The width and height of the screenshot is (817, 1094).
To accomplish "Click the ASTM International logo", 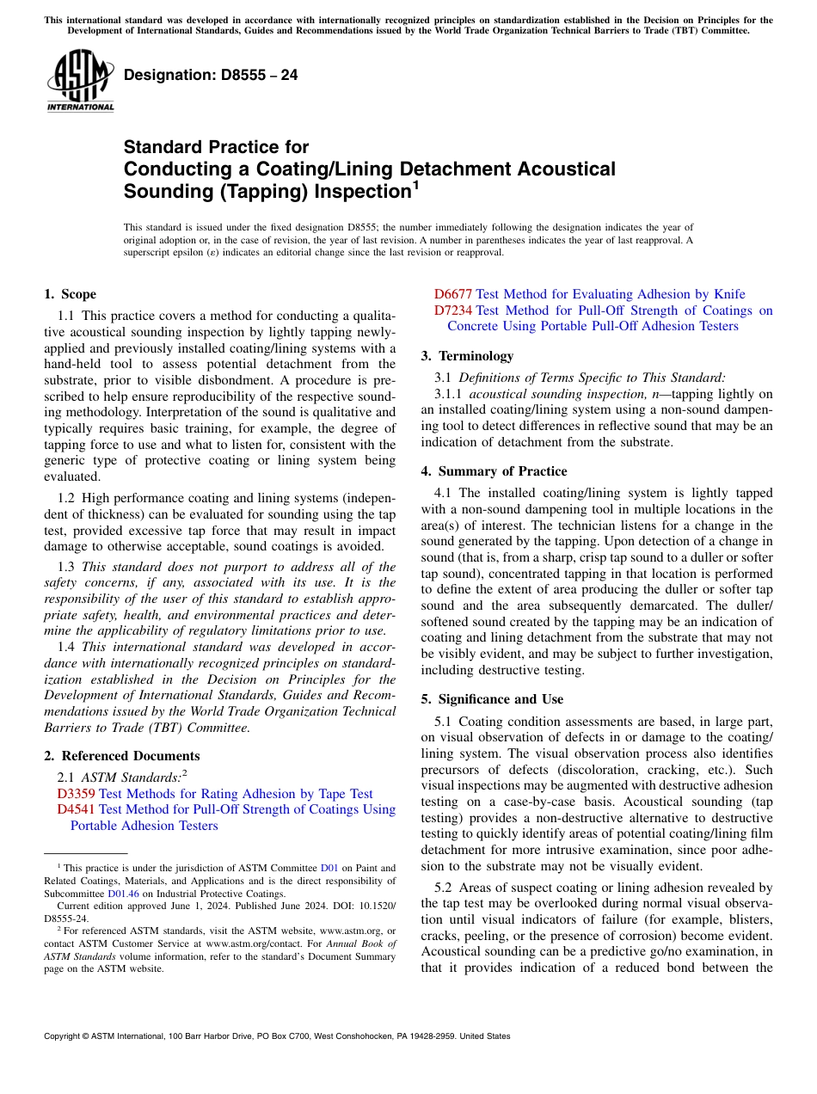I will click(x=80, y=81).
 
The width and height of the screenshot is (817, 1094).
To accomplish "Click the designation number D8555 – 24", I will click(x=211, y=75).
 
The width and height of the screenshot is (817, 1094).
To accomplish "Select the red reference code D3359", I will click(x=76, y=794).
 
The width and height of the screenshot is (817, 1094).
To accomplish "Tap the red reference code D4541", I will click(x=76, y=809).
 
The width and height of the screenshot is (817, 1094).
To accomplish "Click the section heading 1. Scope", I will click(x=70, y=294).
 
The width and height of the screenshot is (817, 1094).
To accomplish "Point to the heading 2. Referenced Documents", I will click(x=121, y=756).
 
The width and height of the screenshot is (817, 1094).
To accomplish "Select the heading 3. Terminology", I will click(x=467, y=356).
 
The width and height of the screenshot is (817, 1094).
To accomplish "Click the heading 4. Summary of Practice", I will click(x=494, y=471).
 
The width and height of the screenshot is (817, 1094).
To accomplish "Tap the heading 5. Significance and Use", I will click(x=492, y=699).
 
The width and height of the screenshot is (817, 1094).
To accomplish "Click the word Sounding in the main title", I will click(x=164, y=190).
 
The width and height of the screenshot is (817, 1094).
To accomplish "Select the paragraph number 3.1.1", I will click(x=450, y=394).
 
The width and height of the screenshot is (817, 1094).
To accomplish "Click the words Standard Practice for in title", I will click(x=216, y=147).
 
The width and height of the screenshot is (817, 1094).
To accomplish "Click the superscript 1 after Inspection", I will click(x=415, y=183).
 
